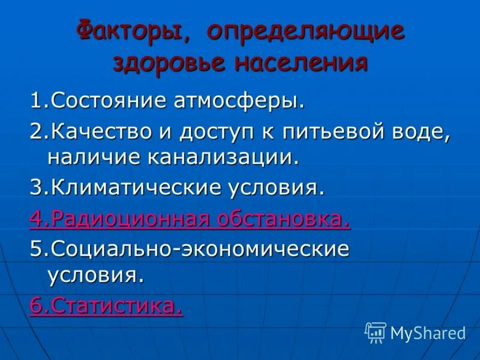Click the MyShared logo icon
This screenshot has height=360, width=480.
point(376,332)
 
